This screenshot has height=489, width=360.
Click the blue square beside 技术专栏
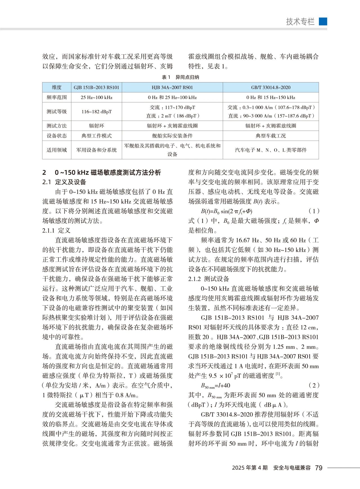(323, 22)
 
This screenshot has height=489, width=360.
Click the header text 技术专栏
(300, 22)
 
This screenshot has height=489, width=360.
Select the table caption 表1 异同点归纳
(180, 77)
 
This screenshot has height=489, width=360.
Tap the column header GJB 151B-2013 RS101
(96, 88)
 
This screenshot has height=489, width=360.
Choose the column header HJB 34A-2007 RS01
(172, 88)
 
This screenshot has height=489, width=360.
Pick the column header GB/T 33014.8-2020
(271, 88)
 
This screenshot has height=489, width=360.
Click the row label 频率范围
(57, 97)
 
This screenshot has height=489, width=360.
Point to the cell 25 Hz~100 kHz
(96, 97)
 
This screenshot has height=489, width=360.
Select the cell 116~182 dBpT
(96, 112)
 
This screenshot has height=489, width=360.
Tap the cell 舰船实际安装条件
(172, 136)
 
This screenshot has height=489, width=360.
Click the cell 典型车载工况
(271, 136)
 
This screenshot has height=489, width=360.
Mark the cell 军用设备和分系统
(96, 150)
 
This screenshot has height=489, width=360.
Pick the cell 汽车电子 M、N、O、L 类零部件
(271, 150)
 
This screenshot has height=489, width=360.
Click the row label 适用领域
(57, 150)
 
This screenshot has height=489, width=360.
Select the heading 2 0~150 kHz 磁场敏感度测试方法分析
(102, 173)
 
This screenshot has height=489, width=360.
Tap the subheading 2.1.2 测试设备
(208, 279)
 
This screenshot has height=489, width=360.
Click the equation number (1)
(314, 211)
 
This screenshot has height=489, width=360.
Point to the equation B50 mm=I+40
(215, 386)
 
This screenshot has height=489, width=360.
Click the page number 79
(319, 468)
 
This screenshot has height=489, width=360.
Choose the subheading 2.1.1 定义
(56, 231)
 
